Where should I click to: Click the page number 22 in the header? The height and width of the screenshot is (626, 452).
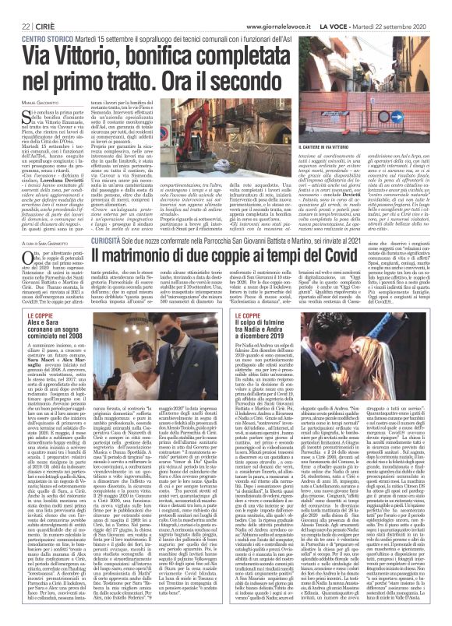(x=14, y=6)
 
